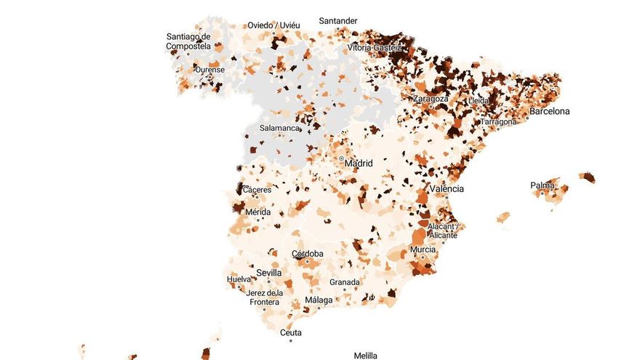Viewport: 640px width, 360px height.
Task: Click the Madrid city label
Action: (359, 164)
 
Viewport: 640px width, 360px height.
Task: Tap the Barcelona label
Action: (549, 111)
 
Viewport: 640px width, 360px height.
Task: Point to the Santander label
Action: (338, 20)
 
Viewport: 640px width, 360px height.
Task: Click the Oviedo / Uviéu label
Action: (273, 25)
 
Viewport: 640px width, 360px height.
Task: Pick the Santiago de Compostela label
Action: (188, 41)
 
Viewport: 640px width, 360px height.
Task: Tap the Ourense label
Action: (209, 70)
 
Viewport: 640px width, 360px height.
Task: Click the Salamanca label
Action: (281, 128)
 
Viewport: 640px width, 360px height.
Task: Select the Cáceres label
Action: (257, 190)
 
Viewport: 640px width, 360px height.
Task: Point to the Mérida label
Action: (258, 212)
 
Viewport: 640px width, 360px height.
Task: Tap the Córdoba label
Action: (308, 254)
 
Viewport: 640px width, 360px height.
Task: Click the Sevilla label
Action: (269, 273)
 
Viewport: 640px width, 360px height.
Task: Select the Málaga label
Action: (319, 300)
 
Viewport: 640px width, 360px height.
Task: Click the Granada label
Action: (345, 281)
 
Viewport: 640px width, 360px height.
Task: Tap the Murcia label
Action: (423, 249)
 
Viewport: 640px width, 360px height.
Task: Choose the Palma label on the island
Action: (543, 185)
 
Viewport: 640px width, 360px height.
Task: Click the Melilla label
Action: (365, 355)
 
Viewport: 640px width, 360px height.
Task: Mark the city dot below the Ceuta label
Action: (290, 340)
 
